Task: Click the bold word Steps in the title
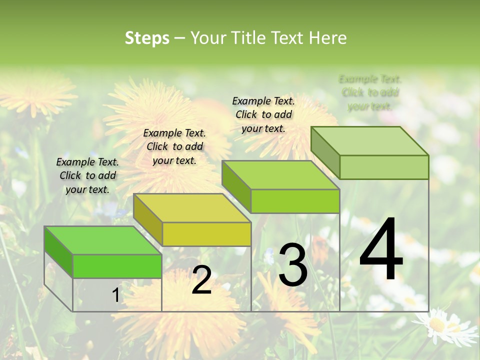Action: (x=146, y=38)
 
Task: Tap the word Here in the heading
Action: (x=327, y=38)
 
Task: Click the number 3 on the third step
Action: (x=292, y=264)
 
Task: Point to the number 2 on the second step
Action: (x=201, y=280)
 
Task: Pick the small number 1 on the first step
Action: (x=115, y=295)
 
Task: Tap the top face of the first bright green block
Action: (x=103, y=240)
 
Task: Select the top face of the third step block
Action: (x=280, y=175)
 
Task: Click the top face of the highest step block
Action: (x=369, y=141)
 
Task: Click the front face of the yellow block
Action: (x=206, y=234)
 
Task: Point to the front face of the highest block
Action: (x=384, y=167)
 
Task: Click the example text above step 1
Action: (x=87, y=175)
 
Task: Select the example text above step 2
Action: (x=174, y=146)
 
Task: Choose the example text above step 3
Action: (x=263, y=114)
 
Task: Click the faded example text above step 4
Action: (x=370, y=92)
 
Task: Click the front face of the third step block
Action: (x=295, y=201)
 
